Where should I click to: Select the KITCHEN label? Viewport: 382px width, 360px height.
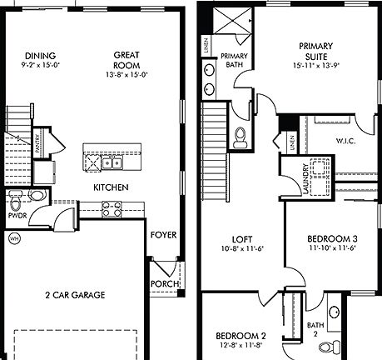coord(110,187)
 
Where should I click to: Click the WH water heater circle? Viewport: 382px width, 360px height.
coord(12,239)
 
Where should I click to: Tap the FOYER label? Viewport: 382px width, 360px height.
coord(162,234)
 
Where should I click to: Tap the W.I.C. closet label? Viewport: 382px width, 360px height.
coord(345,141)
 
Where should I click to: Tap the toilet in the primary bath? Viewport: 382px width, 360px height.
coord(240,137)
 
